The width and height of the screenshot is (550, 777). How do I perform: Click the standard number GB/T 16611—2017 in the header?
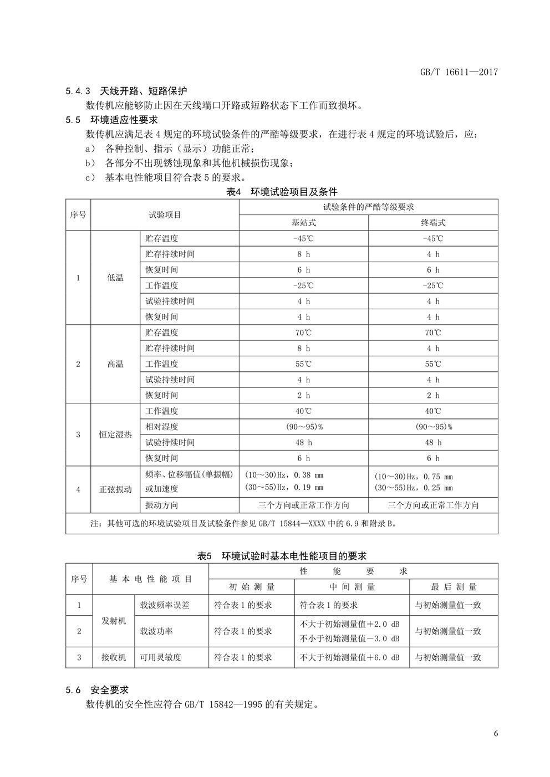459,72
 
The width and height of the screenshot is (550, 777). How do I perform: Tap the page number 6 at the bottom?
496,734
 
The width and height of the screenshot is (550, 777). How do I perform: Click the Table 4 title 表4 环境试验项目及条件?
282,192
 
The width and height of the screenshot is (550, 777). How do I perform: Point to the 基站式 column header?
303,223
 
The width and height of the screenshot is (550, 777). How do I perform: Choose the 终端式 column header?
433,223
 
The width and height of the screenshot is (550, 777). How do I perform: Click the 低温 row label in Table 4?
115,278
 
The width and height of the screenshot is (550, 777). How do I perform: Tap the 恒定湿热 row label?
115,434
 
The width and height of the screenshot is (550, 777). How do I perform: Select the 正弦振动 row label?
115,489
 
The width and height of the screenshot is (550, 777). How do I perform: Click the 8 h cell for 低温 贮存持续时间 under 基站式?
303,254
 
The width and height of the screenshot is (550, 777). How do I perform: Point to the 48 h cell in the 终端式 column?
433,443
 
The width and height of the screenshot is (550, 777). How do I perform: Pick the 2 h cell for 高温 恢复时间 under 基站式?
303,396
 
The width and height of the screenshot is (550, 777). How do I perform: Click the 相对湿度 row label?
162,427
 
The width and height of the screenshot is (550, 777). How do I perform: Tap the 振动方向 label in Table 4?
162,505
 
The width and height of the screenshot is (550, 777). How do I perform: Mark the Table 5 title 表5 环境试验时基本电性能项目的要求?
282,556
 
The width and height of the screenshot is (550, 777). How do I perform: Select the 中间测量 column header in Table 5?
352,587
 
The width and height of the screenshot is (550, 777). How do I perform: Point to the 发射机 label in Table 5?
114,621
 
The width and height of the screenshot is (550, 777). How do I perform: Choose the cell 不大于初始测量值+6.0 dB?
349,658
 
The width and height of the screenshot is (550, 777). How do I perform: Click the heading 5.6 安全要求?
97,690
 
